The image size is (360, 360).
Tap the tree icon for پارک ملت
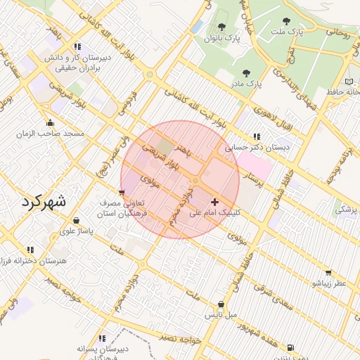(285, 21)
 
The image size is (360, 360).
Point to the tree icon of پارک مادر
(245, 72)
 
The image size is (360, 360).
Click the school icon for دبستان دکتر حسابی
(256, 136)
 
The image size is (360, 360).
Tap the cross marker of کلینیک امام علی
(214, 202)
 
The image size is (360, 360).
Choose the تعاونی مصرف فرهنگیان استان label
(123, 206)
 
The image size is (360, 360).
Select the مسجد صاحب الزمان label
(53, 133)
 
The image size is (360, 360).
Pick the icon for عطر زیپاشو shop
(328, 273)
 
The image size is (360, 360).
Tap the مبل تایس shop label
(221, 314)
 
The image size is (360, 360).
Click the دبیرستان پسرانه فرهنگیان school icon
(102, 338)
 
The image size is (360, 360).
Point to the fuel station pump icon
(290, 347)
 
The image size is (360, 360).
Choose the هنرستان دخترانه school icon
(30, 250)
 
